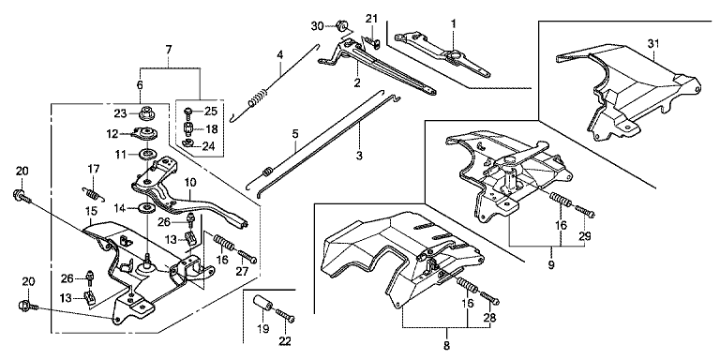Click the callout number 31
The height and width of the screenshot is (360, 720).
click(653, 44)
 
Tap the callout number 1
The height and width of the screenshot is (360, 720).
click(453, 23)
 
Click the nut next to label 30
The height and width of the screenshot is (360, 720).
click(342, 24)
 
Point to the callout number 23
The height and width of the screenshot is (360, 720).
click(120, 112)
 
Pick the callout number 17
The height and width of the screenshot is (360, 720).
click(93, 170)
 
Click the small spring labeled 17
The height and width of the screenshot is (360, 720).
click(94, 193)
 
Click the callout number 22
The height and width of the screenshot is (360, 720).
click(285, 341)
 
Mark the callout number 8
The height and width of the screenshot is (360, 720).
click(447, 345)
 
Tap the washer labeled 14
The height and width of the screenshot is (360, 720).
click(146, 208)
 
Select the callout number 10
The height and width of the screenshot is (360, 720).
click(190, 182)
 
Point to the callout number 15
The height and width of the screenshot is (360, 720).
click(90, 211)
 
